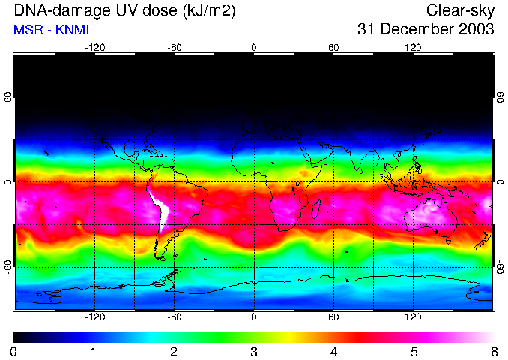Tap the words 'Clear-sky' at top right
(x=460, y=11)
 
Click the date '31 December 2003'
(x=426, y=30)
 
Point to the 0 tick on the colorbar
(x=14, y=351)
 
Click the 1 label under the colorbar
(x=94, y=351)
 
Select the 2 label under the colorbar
(x=174, y=351)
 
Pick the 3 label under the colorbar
(x=254, y=351)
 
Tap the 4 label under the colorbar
(x=333, y=351)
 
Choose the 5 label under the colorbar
(x=414, y=351)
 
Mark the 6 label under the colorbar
(x=493, y=351)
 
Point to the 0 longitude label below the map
(x=254, y=316)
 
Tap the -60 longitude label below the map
(x=174, y=316)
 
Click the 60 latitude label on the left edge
(x=8, y=98)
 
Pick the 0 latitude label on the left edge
(x=8, y=182)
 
